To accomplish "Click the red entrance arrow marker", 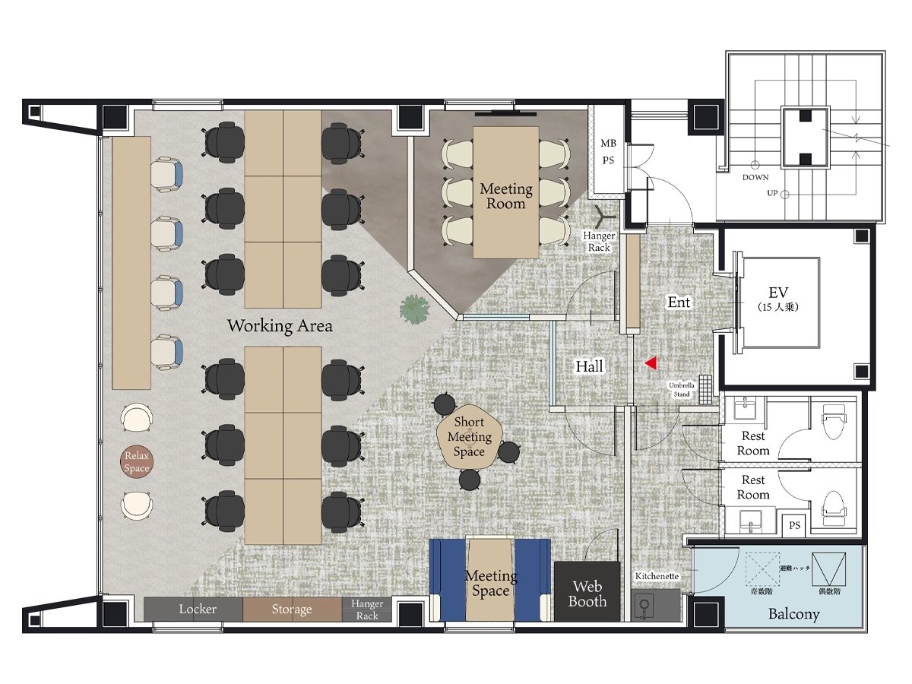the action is pyautogui.click(x=651, y=363).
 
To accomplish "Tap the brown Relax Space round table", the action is pyautogui.click(x=137, y=461).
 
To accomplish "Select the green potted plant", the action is pyautogui.click(x=414, y=309).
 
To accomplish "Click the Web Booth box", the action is pyautogui.click(x=587, y=591).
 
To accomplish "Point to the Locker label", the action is pyautogui.click(x=198, y=609).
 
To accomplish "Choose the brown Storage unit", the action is pyautogui.click(x=292, y=610).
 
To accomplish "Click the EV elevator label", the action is pyautogui.click(x=778, y=293).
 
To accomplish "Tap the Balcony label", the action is pyautogui.click(x=793, y=614).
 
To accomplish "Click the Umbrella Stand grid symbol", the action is pyautogui.click(x=705, y=390).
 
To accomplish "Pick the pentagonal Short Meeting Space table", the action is pyautogui.click(x=469, y=436).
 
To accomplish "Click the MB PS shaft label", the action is pyautogui.click(x=608, y=151).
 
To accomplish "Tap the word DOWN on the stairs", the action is pyautogui.click(x=755, y=177).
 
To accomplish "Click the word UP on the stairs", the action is pyautogui.click(x=772, y=193).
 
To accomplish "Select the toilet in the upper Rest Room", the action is pyautogui.click(x=834, y=422).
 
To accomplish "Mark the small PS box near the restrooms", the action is pyautogui.click(x=794, y=525).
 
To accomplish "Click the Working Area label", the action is pyautogui.click(x=280, y=325).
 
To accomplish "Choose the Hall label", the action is pyautogui.click(x=589, y=366).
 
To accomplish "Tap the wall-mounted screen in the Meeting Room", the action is pyautogui.click(x=505, y=112).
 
